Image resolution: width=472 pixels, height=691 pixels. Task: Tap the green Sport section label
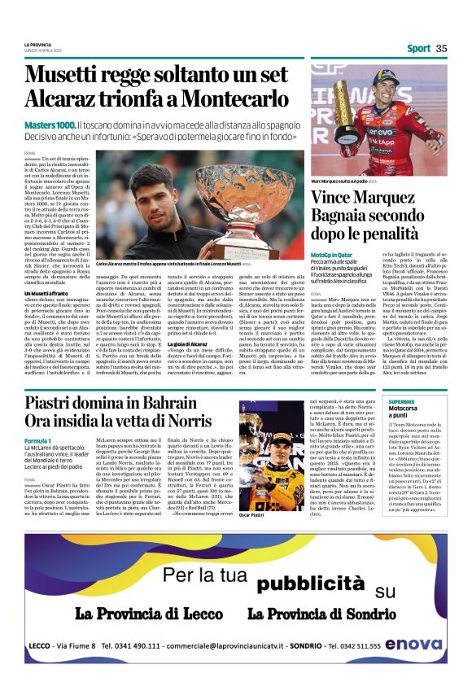[x=418, y=48]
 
